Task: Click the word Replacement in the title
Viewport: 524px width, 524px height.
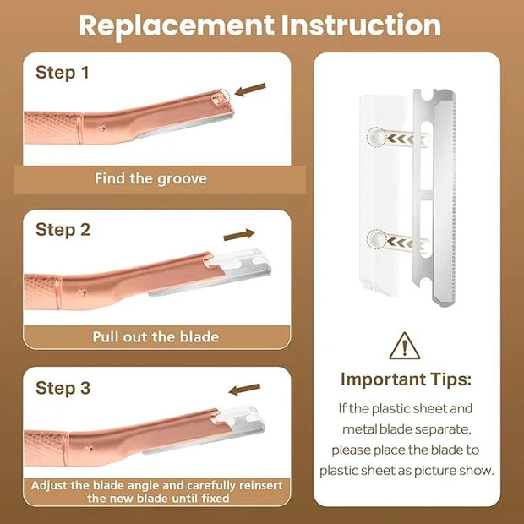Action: point(177,25)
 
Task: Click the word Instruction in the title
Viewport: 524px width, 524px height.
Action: point(361,25)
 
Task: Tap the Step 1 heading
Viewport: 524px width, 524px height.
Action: point(63,73)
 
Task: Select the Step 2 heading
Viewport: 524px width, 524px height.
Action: point(63,230)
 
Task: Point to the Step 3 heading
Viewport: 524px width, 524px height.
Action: point(63,388)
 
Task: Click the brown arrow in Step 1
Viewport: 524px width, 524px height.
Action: point(250,90)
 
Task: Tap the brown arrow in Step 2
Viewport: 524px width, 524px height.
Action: point(239,235)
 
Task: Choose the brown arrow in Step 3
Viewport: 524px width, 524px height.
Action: point(244,390)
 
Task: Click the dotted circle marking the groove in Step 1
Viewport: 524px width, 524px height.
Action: point(221,99)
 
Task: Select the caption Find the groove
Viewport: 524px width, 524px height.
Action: point(150,179)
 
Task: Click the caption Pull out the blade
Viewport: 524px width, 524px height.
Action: point(156,337)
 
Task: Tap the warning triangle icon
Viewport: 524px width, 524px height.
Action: point(405,347)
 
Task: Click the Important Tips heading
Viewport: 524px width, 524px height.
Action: point(406,379)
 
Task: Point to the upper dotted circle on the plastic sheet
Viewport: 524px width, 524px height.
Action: point(376,137)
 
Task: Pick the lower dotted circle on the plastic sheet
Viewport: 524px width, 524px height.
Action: point(376,239)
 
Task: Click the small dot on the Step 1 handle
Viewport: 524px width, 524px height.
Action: point(102,128)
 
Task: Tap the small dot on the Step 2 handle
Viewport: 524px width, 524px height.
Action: point(82,292)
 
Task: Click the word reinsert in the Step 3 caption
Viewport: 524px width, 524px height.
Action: point(259,485)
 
